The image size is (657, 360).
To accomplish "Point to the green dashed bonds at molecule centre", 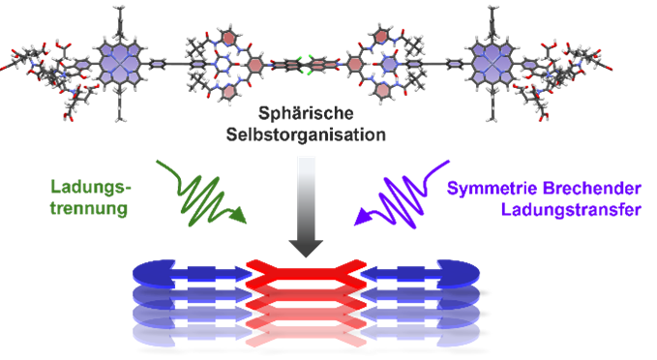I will [307, 65].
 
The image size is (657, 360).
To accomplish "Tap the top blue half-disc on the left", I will [154, 274].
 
